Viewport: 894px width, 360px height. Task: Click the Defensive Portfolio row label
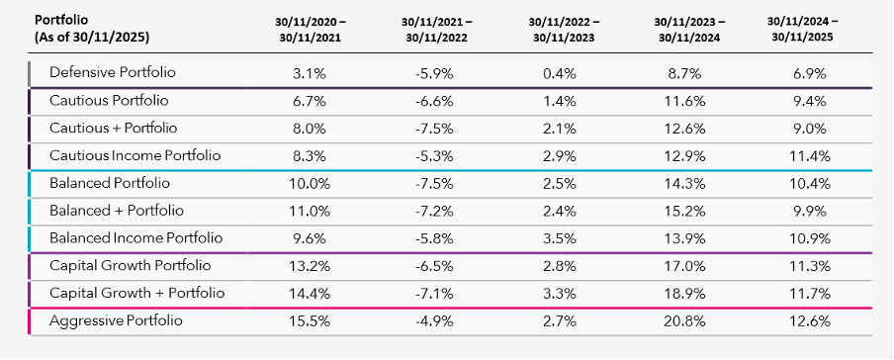pyautogui.click(x=113, y=72)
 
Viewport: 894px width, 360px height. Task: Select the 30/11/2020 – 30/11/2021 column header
pyautogui.click(x=310, y=30)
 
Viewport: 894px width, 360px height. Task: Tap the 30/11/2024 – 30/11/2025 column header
pyautogui.click(x=803, y=30)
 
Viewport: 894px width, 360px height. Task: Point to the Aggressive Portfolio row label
pyautogui.click(x=116, y=320)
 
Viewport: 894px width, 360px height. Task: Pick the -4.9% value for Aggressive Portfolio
pyautogui.click(x=437, y=320)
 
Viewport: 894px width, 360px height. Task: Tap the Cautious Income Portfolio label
pyautogui.click(x=135, y=155)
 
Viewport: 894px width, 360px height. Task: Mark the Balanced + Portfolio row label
pyautogui.click(x=117, y=211)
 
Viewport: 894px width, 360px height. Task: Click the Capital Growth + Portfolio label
pyautogui.click(x=136, y=294)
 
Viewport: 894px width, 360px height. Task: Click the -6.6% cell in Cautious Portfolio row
pyautogui.click(x=437, y=101)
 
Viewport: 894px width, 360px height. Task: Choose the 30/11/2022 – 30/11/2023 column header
pyautogui.click(x=564, y=30)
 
